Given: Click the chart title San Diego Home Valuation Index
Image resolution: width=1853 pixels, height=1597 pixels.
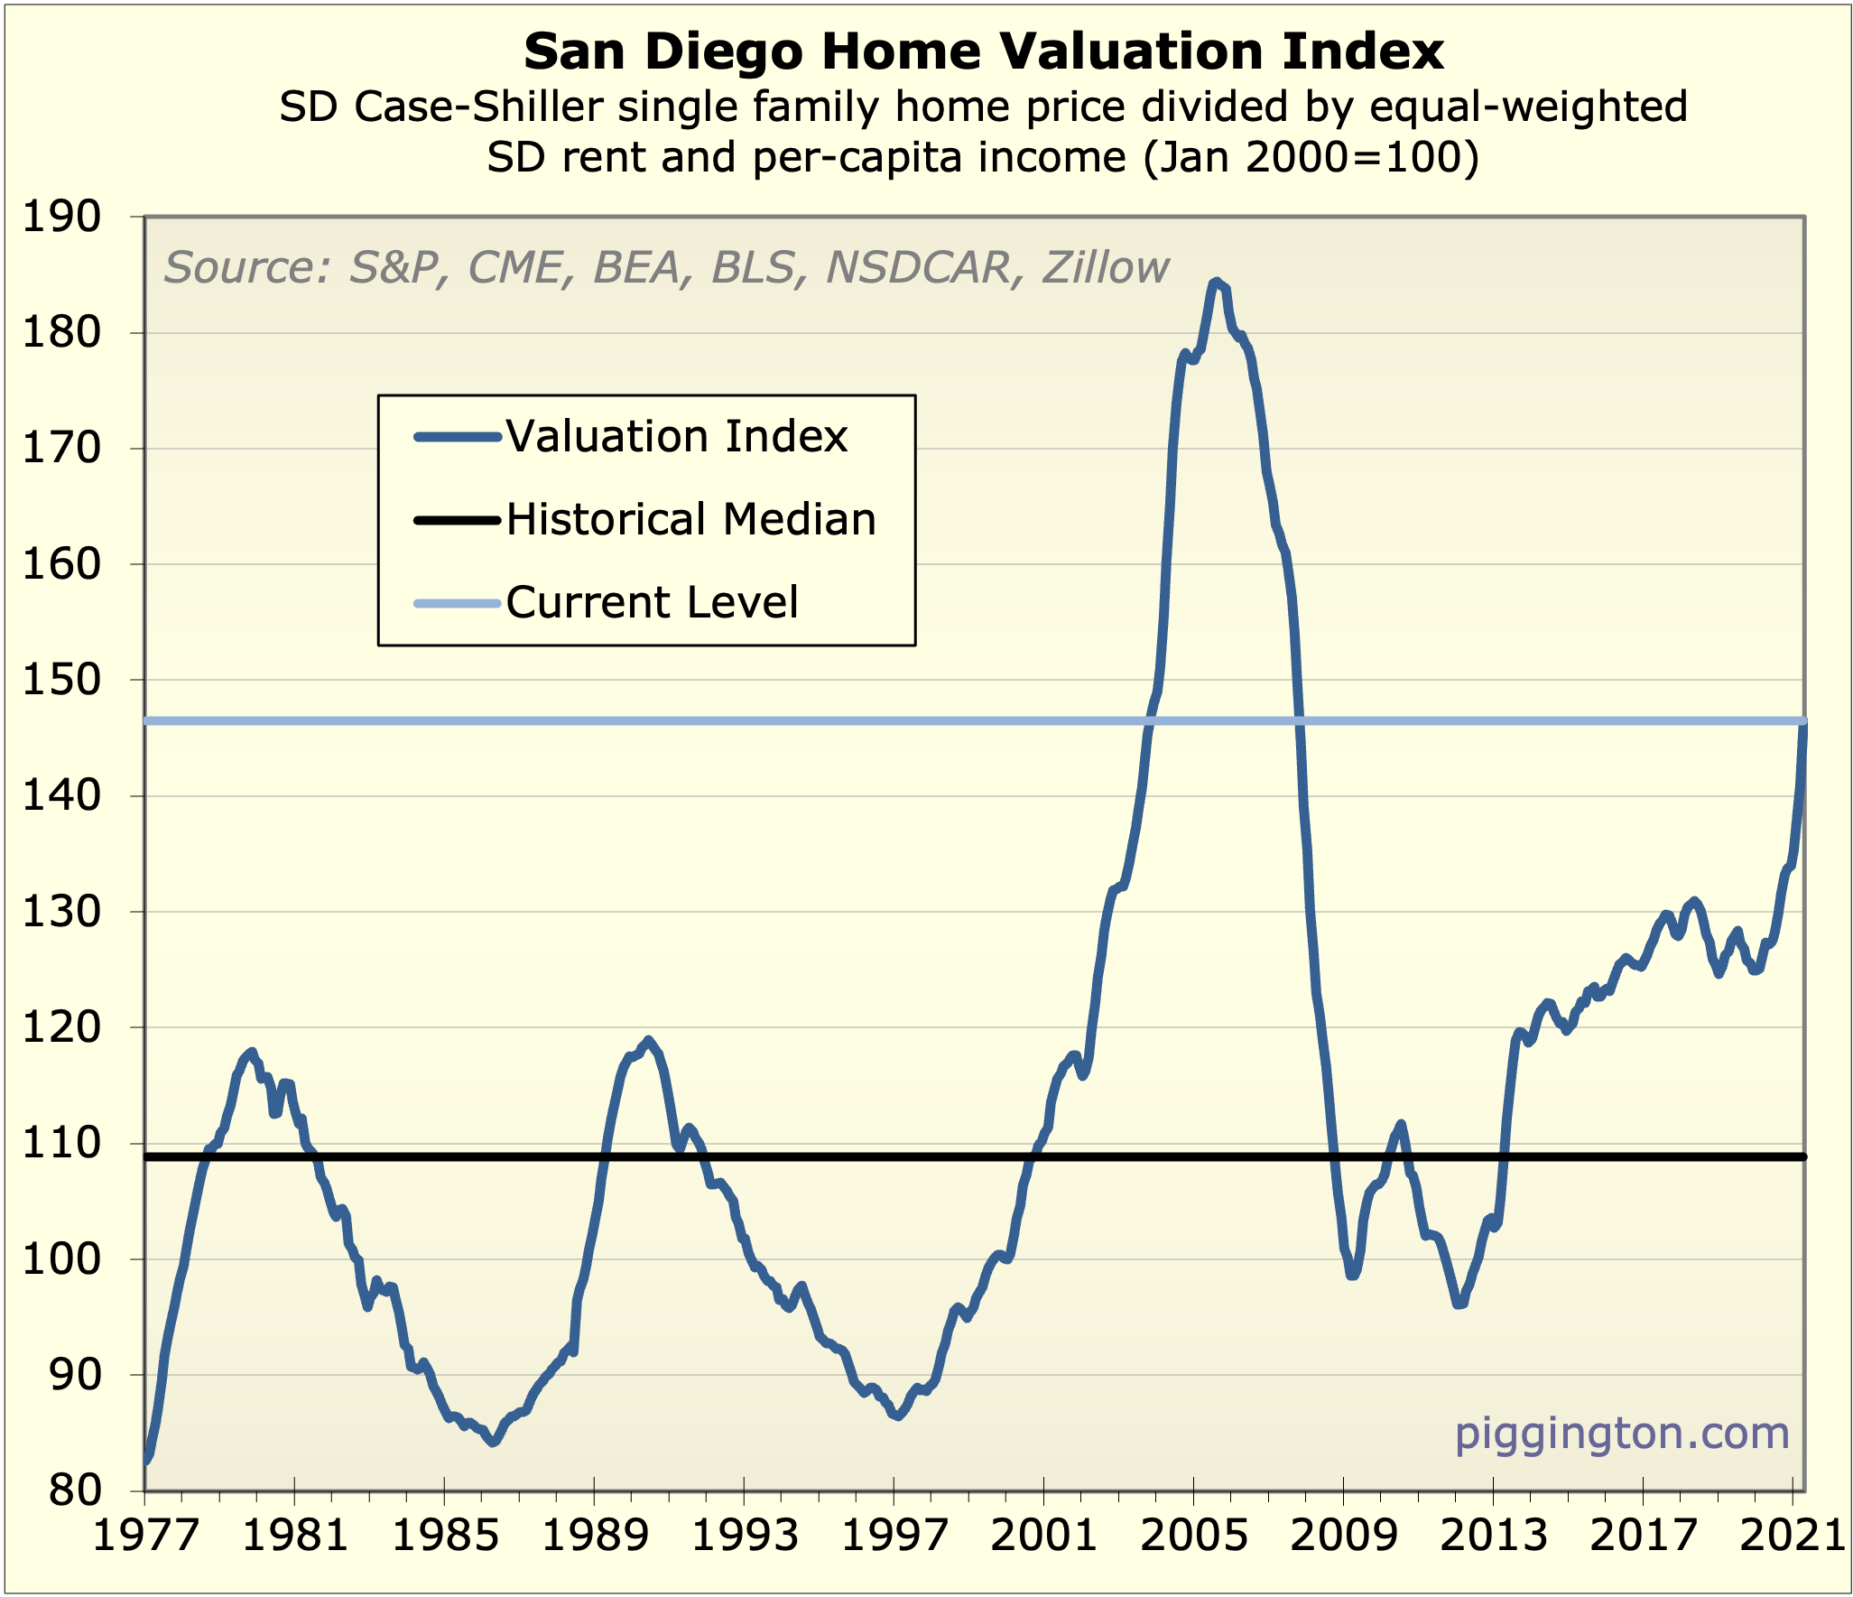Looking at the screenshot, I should pos(983,52).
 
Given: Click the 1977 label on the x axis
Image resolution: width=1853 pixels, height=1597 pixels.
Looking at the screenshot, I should pos(145,1535).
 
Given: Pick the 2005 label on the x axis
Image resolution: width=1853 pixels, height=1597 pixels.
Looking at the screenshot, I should pos(1193,1535).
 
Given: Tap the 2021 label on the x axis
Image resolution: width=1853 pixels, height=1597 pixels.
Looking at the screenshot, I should pos(1792,1535).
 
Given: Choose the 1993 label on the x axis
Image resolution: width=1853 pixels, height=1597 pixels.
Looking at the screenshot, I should pos(744,1535).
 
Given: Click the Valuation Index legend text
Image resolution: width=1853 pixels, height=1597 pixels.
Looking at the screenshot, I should pos(676,437).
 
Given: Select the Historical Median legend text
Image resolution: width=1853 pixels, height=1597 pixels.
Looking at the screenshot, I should pos(690,520).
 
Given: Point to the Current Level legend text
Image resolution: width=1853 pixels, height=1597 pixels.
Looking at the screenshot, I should pos(652,602).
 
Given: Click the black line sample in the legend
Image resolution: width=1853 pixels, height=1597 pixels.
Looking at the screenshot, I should pos(457,520).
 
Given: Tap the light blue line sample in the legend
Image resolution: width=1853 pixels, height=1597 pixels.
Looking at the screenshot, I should pos(457,603).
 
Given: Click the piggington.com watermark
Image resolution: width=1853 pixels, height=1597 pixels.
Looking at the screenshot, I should pos(1622,1434).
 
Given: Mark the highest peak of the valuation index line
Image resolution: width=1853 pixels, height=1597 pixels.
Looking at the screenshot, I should pos(1216,283).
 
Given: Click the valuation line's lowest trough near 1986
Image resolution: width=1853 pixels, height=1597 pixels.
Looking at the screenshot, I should pos(492,1443).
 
